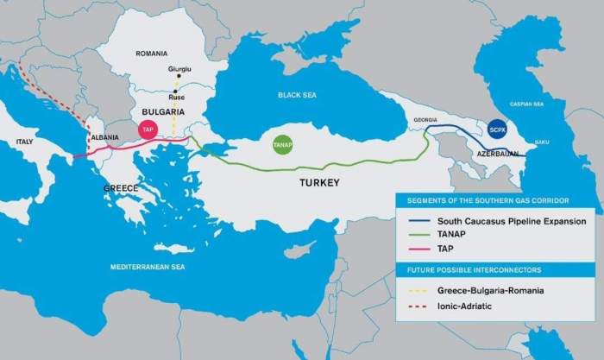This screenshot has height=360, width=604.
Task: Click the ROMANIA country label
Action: pos(151,54)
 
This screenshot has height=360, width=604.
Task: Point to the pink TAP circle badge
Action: pos(148,131)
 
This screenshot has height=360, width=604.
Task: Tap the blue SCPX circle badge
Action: pos(497,129)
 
